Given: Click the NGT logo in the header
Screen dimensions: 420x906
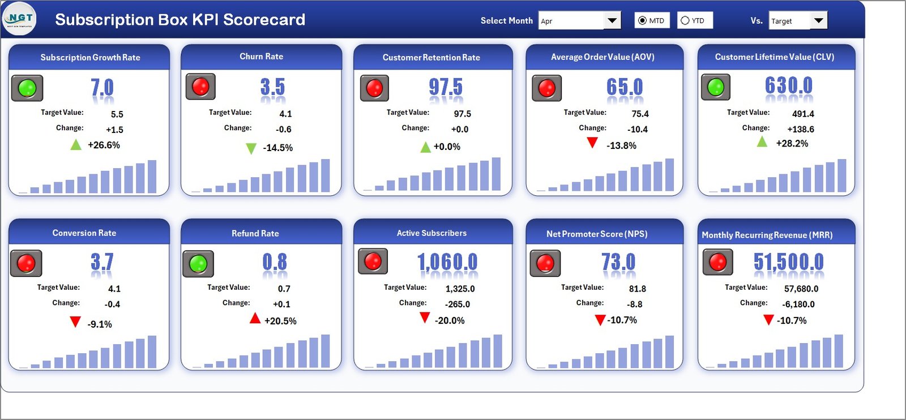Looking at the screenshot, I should click(x=20, y=19).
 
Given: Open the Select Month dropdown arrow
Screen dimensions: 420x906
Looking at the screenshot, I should click(x=612, y=21).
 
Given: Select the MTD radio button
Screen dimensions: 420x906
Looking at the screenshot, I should click(x=642, y=20).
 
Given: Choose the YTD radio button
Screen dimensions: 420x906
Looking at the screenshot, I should click(x=685, y=20).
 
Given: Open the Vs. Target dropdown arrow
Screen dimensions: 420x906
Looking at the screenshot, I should click(x=818, y=21).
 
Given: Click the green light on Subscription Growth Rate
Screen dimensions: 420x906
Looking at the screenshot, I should click(x=27, y=88).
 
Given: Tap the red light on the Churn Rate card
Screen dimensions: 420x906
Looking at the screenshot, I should click(x=200, y=87).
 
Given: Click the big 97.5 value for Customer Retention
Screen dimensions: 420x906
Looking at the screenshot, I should click(x=445, y=87).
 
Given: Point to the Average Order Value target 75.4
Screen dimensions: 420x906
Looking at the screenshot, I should click(x=640, y=114).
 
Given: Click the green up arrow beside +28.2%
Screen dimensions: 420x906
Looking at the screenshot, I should click(x=762, y=142).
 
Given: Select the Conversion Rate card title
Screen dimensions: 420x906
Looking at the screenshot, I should click(x=84, y=233).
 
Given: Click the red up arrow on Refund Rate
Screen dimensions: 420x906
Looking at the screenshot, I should click(x=255, y=319).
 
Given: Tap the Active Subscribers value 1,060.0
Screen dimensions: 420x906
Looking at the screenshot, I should click(x=447, y=262).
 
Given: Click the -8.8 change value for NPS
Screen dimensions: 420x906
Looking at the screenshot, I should click(x=634, y=304).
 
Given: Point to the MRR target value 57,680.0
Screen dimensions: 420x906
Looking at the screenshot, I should click(x=801, y=289).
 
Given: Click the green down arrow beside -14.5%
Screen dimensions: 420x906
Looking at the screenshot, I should click(x=251, y=148).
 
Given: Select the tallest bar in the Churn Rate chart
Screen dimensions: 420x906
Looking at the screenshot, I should click(x=325, y=175).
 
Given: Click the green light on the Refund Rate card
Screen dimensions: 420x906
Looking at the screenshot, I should click(x=198, y=263).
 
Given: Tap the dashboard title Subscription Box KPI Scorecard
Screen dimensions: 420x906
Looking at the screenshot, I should click(x=180, y=20).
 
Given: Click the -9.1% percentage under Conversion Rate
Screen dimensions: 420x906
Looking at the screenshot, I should click(x=100, y=324).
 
